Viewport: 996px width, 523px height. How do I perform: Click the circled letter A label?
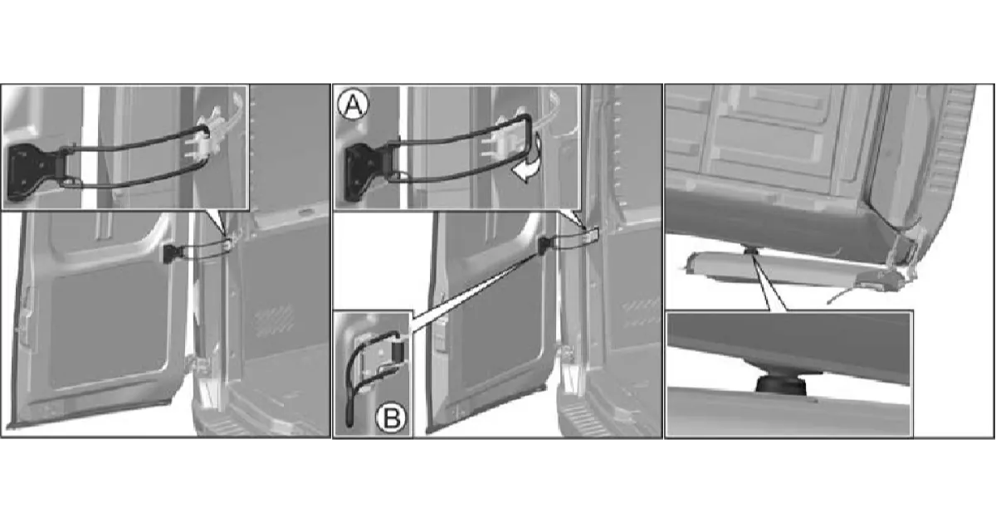[x=353, y=105]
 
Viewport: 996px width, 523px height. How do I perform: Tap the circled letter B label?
[x=391, y=418]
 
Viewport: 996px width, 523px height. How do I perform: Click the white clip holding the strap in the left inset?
[x=207, y=139]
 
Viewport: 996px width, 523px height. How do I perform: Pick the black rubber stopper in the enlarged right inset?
[x=781, y=384]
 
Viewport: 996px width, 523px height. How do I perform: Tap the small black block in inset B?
[x=398, y=350]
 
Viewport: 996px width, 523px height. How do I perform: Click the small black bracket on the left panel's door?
[x=170, y=253]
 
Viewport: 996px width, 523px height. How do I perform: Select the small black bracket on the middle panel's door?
[x=544, y=246]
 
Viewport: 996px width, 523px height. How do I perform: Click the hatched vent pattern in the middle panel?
[x=641, y=313]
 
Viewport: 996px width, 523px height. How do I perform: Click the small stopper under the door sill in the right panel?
[x=750, y=252]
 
